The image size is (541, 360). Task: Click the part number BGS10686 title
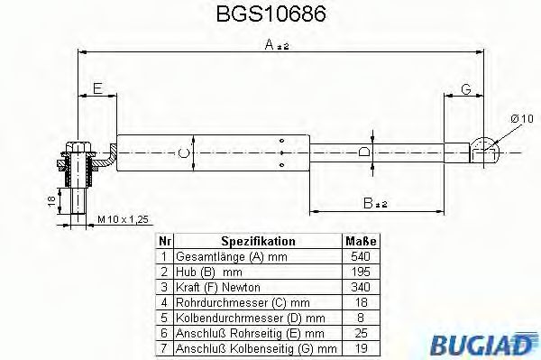coord(270,15)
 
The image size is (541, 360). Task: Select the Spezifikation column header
coord(258,242)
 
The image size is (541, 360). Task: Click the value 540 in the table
coord(361,256)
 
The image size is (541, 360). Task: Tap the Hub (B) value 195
coord(361,271)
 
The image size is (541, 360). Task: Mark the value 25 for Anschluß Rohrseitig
coord(361,332)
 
